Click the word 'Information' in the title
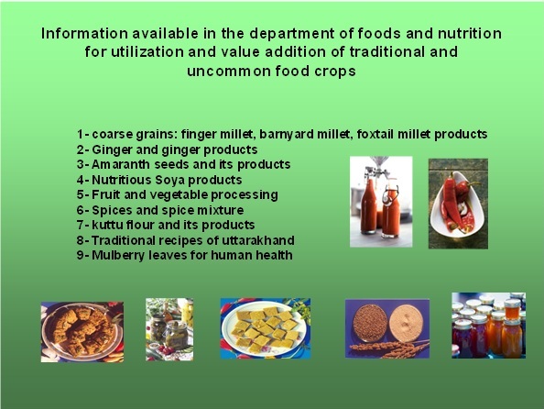[84, 34]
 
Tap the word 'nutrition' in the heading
[470, 34]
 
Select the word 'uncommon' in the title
[228, 71]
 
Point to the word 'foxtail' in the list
[375, 134]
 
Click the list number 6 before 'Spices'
[81, 210]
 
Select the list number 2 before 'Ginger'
[81, 149]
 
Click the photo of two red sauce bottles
[381, 202]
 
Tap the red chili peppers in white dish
[458, 204]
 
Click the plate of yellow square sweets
[266, 328]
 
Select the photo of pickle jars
[169, 329]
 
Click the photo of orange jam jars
[488, 326]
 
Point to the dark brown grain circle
[370, 322]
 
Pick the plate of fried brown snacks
[82, 332]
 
